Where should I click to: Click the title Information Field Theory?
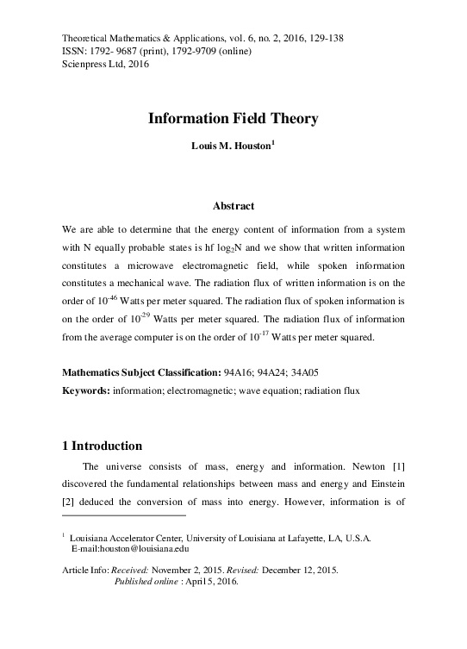233,119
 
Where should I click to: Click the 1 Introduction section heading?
103,446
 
